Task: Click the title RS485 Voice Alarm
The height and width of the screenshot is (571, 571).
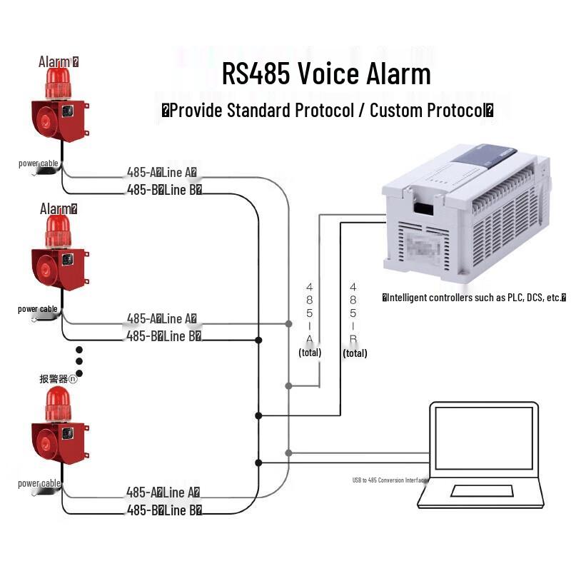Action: (326, 74)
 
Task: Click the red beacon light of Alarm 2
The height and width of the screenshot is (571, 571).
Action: (59, 230)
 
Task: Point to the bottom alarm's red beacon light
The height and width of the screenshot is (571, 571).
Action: (59, 404)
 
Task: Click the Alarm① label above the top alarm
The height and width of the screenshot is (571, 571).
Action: (59, 61)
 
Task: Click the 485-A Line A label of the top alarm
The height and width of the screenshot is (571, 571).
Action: (162, 172)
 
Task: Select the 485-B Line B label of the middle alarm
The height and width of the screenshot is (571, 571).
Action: (163, 335)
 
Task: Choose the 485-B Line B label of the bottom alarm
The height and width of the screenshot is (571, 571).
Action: (163, 510)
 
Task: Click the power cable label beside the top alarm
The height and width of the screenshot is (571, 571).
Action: (39, 163)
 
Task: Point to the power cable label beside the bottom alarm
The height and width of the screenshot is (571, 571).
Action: (39, 483)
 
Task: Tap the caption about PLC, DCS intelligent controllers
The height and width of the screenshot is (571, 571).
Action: (474, 297)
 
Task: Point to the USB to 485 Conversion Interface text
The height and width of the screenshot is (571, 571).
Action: (389, 480)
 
